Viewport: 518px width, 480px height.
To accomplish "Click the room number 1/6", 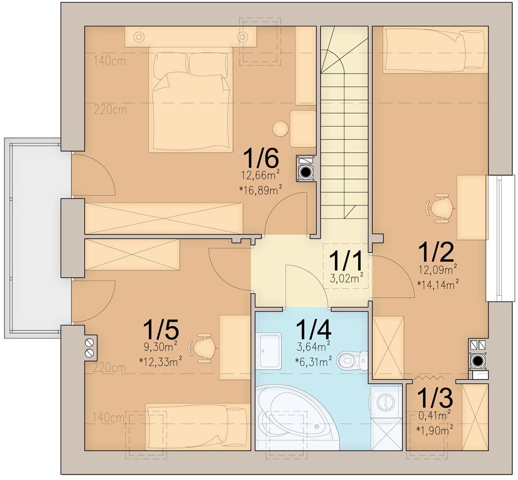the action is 261,159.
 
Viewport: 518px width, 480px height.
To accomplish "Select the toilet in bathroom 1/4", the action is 352,360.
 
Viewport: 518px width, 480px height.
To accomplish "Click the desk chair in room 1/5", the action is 202,348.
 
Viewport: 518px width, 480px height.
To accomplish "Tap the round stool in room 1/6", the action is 281,129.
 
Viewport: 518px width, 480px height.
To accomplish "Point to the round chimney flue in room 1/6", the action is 306,172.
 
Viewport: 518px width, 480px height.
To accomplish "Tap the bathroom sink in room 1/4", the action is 270,351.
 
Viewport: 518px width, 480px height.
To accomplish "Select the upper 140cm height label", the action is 110,61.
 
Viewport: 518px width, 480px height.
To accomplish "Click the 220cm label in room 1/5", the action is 109,367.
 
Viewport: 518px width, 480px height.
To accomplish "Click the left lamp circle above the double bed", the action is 139,36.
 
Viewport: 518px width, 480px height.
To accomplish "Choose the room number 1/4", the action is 313,331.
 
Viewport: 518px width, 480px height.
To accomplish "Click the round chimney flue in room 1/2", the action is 477,360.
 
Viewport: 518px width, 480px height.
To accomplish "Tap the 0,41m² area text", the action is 434,416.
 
